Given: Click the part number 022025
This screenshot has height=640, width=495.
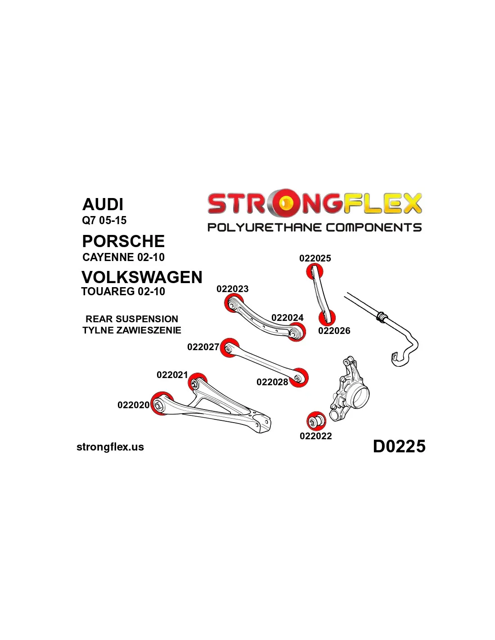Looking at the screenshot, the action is [x=315, y=258].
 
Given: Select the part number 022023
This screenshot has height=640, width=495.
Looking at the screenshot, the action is [x=232, y=288].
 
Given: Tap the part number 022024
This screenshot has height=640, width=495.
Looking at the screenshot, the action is [x=287, y=317].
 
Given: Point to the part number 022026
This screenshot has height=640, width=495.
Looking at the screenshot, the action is [x=334, y=330].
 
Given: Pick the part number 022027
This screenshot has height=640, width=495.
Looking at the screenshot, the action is [x=203, y=347].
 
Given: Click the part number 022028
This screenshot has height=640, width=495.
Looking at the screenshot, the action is [x=272, y=382].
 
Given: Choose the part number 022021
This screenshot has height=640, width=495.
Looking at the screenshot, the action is [x=172, y=375].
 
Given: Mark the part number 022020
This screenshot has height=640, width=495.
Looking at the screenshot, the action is [x=133, y=405].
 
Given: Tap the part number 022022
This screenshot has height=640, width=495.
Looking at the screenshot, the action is [x=315, y=436].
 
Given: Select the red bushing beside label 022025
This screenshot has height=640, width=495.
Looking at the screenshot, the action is [x=315, y=272].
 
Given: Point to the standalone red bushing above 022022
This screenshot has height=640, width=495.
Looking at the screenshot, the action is [x=315, y=421].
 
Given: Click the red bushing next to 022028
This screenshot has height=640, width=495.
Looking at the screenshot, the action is [x=299, y=378].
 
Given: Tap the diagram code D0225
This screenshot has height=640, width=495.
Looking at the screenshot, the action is [x=399, y=446].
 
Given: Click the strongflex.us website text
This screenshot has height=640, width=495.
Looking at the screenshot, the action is [x=110, y=447].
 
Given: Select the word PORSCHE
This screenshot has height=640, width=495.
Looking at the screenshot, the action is [x=123, y=241].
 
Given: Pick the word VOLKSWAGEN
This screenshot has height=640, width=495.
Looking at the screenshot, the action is [x=142, y=277].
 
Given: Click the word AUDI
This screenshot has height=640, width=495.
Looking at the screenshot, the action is [x=103, y=204].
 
